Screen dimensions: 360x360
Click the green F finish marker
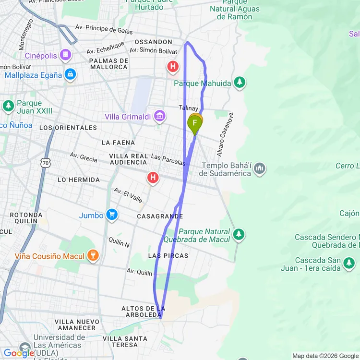pos(195,123)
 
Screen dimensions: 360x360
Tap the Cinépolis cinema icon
pos(65,55)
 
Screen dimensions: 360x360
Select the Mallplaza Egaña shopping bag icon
pos(71,74)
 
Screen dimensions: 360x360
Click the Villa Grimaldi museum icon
pos(160,116)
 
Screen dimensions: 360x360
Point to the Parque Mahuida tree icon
pos(240,83)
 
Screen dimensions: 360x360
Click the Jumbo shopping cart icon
pos(112,215)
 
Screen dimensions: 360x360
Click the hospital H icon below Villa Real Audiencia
pos(153,178)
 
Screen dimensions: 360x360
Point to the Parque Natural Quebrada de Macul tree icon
pos(239,235)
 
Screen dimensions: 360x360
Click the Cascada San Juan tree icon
pos(349,263)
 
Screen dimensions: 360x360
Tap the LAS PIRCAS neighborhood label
pos(168,255)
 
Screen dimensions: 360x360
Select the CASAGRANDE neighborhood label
pos(160,216)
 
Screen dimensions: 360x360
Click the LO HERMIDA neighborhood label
pos(79,180)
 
